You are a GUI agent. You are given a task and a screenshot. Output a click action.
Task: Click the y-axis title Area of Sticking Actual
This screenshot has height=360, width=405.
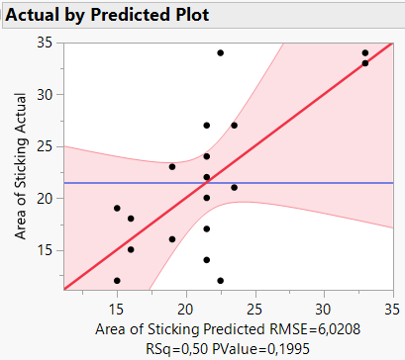click(21, 167)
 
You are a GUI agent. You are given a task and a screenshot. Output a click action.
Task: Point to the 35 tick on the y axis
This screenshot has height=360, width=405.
click(47, 43)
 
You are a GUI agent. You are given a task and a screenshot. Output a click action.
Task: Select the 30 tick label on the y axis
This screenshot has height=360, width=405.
click(47, 95)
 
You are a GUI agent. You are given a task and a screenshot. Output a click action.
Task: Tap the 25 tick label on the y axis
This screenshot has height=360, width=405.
click(47, 146)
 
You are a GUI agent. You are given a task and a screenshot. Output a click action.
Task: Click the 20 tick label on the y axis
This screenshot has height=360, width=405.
click(47, 198)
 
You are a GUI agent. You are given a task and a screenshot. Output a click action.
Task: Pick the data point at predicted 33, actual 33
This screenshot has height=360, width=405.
click(365, 63)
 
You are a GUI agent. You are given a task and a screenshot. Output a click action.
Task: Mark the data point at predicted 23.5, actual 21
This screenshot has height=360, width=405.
click(235, 187)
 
